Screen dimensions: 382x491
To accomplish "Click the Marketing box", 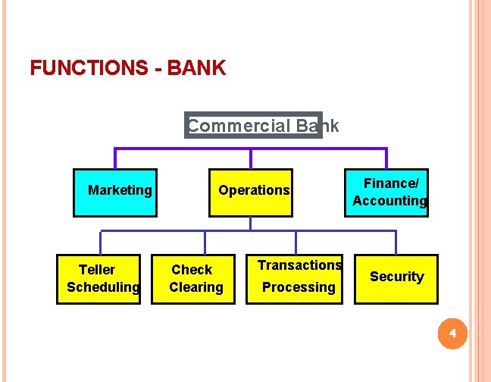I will (x=115, y=193).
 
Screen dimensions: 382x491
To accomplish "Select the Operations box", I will (x=250, y=193).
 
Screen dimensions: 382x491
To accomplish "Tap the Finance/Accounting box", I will (x=386, y=193).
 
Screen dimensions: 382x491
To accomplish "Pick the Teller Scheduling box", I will (x=99, y=279).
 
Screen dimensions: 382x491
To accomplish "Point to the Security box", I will (x=396, y=278).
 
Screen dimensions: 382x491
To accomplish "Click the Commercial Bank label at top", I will (x=254, y=126).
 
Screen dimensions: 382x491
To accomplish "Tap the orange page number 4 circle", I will (x=452, y=333).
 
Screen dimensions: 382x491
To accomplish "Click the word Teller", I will (x=97, y=270).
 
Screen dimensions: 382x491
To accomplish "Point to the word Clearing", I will (x=196, y=287).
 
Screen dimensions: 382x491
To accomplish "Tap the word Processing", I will (x=299, y=287).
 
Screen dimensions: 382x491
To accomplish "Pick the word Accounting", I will (x=389, y=201).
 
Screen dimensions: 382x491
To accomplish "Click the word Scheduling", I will (x=103, y=287).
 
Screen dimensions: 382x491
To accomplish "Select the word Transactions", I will (x=299, y=265).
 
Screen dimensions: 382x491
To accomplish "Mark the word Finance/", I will (x=391, y=183).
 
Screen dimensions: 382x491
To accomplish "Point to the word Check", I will (x=192, y=270).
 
